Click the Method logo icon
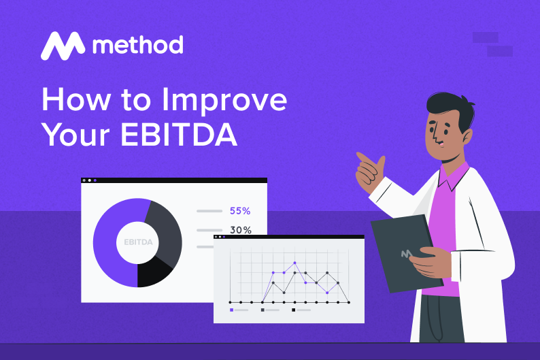click(x=63, y=46)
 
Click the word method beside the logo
click(x=137, y=46)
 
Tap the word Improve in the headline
click(x=224, y=101)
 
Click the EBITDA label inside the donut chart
click(x=138, y=242)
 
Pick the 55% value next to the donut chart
click(x=240, y=211)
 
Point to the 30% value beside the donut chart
click(x=240, y=230)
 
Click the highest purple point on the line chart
click(x=294, y=262)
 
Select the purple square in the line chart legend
click(x=232, y=310)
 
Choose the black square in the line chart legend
click(x=293, y=310)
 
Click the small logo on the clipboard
click(x=406, y=254)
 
